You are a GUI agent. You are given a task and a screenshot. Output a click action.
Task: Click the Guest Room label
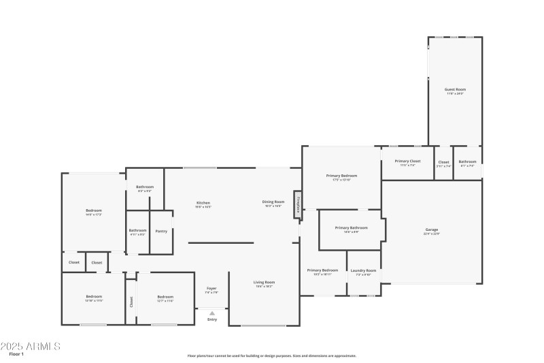pyautogui.click(x=455, y=90)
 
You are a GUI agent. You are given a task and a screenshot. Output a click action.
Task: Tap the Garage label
pyautogui.click(x=432, y=230)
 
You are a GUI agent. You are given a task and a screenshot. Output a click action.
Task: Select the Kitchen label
pyautogui.click(x=203, y=202)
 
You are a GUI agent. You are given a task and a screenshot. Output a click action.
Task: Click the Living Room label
pyautogui.click(x=264, y=282)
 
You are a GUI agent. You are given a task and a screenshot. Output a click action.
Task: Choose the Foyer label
pyautogui.click(x=211, y=289)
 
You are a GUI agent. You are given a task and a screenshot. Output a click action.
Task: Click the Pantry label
pyautogui.click(x=161, y=231)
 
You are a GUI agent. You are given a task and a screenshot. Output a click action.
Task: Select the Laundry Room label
pyautogui.click(x=363, y=270)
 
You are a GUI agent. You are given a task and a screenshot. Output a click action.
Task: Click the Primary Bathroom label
pyautogui.click(x=352, y=227)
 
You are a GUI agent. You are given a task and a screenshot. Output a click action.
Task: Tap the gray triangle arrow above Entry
pyautogui.click(x=211, y=313)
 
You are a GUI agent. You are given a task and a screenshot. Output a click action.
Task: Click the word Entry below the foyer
pyautogui.click(x=212, y=319)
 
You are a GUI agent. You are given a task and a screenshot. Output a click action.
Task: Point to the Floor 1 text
pyautogui.click(x=16, y=354)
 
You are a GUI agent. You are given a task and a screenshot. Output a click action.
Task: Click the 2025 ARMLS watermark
pyautogui.click(x=31, y=346)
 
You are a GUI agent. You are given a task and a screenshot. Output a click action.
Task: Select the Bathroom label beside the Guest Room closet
pyautogui.click(x=467, y=162)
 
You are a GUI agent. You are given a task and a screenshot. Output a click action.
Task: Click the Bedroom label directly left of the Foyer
pyautogui.click(x=165, y=297)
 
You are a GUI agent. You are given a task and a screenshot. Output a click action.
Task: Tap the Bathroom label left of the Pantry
pyautogui.click(x=137, y=230)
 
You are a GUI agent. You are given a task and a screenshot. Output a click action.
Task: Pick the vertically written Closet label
pyautogui.click(x=131, y=300)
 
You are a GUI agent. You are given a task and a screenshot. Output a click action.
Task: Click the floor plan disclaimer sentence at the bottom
pyautogui.click(x=271, y=356)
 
